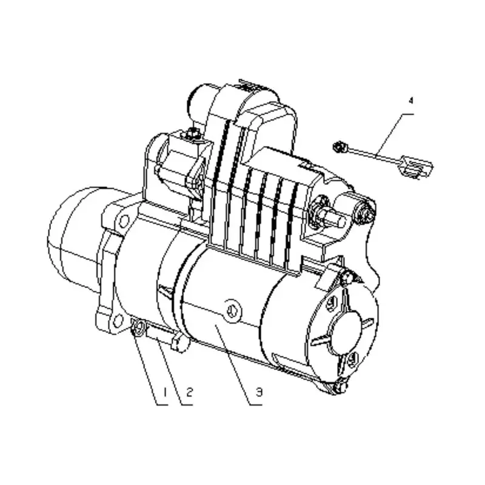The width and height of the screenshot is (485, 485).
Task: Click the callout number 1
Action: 165,392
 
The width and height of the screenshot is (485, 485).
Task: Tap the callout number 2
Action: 189,392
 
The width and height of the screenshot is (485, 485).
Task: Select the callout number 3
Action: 259,392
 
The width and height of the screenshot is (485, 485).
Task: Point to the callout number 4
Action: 411,101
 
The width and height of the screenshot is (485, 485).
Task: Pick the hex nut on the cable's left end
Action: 339,147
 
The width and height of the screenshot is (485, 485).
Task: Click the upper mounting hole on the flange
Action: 124,221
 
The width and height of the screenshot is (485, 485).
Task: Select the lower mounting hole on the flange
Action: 118,321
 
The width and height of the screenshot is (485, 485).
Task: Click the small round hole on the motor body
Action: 232,310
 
